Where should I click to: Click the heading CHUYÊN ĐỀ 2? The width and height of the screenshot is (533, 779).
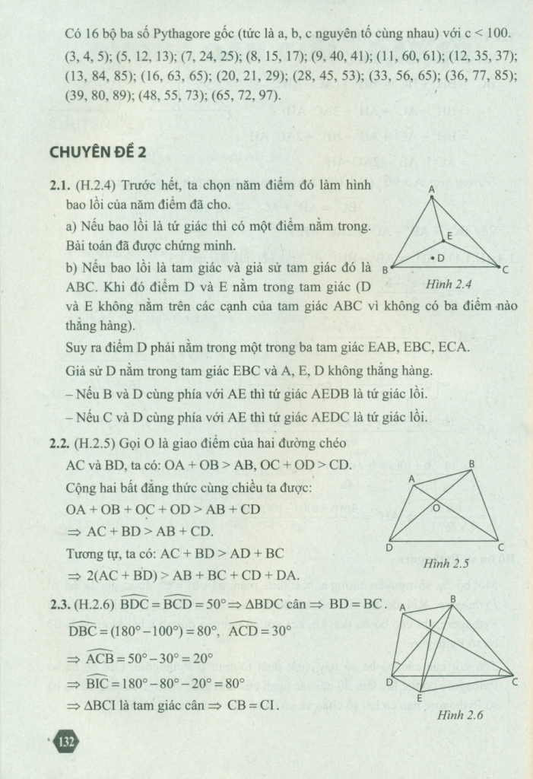point(97,152)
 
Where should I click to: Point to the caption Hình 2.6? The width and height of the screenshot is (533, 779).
point(461,715)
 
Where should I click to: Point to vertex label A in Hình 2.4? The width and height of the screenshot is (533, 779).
point(431,189)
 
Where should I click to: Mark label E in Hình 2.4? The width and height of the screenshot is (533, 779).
point(449,237)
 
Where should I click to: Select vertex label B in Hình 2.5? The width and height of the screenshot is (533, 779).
point(471,464)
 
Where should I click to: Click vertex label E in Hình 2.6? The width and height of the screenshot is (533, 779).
point(419,698)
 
